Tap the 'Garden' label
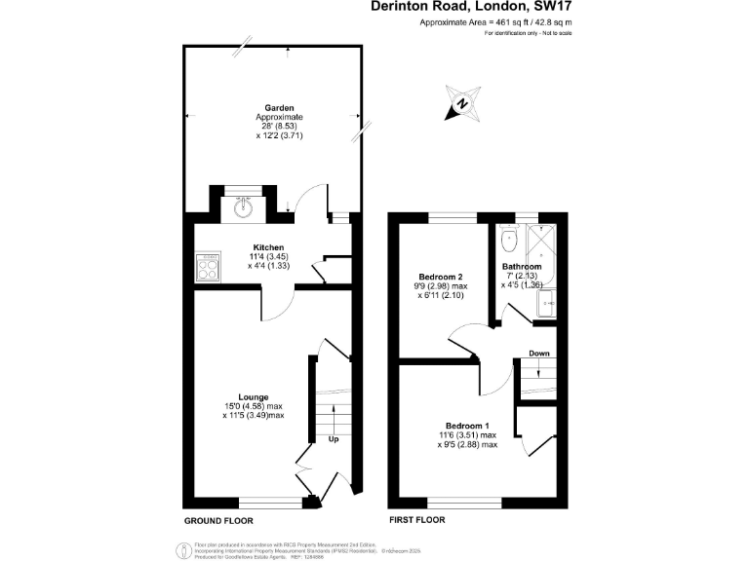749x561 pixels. [279, 108]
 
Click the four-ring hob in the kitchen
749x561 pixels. [208, 266]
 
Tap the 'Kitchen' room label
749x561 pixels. [268, 247]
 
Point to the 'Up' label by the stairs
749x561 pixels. [333, 439]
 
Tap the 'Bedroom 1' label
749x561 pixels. [467, 427]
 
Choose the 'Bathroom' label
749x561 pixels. [522, 267]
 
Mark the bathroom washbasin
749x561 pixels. [548, 303]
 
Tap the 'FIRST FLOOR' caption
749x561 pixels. [416, 520]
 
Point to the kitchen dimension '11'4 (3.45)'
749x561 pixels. [268, 256]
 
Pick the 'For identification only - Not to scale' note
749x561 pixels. [528, 33]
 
